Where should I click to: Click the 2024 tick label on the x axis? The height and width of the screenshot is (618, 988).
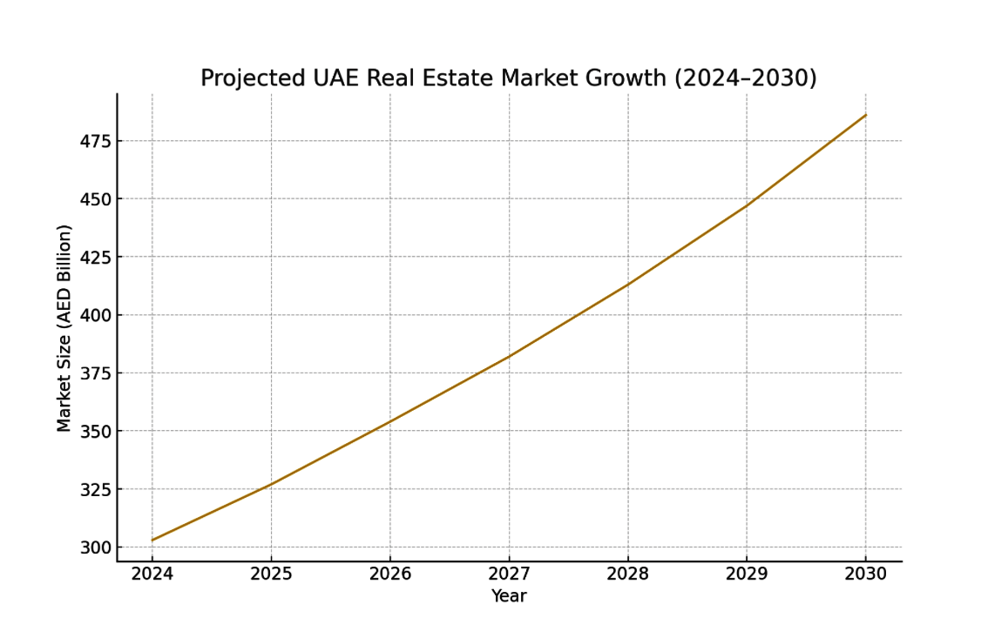(x=152, y=574)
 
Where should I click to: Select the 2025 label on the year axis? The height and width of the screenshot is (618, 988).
(x=271, y=574)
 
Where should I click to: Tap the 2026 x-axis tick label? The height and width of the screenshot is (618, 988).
(x=389, y=574)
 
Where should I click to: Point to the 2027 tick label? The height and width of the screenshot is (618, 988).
(x=509, y=574)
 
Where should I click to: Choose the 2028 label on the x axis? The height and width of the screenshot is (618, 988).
(x=627, y=574)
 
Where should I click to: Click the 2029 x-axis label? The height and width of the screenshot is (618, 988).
(x=747, y=574)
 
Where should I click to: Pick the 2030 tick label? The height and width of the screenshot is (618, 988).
(x=865, y=574)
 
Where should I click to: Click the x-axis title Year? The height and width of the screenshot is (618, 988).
(x=509, y=596)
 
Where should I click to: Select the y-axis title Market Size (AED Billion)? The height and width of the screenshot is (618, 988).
(x=64, y=328)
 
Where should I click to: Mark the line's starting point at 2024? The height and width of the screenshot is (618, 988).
(x=152, y=541)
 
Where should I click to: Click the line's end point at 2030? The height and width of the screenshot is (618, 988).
(x=865, y=115)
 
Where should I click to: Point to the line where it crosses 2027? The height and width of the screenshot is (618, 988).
(x=509, y=356)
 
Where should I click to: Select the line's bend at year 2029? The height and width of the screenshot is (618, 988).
(x=747, y=205)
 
